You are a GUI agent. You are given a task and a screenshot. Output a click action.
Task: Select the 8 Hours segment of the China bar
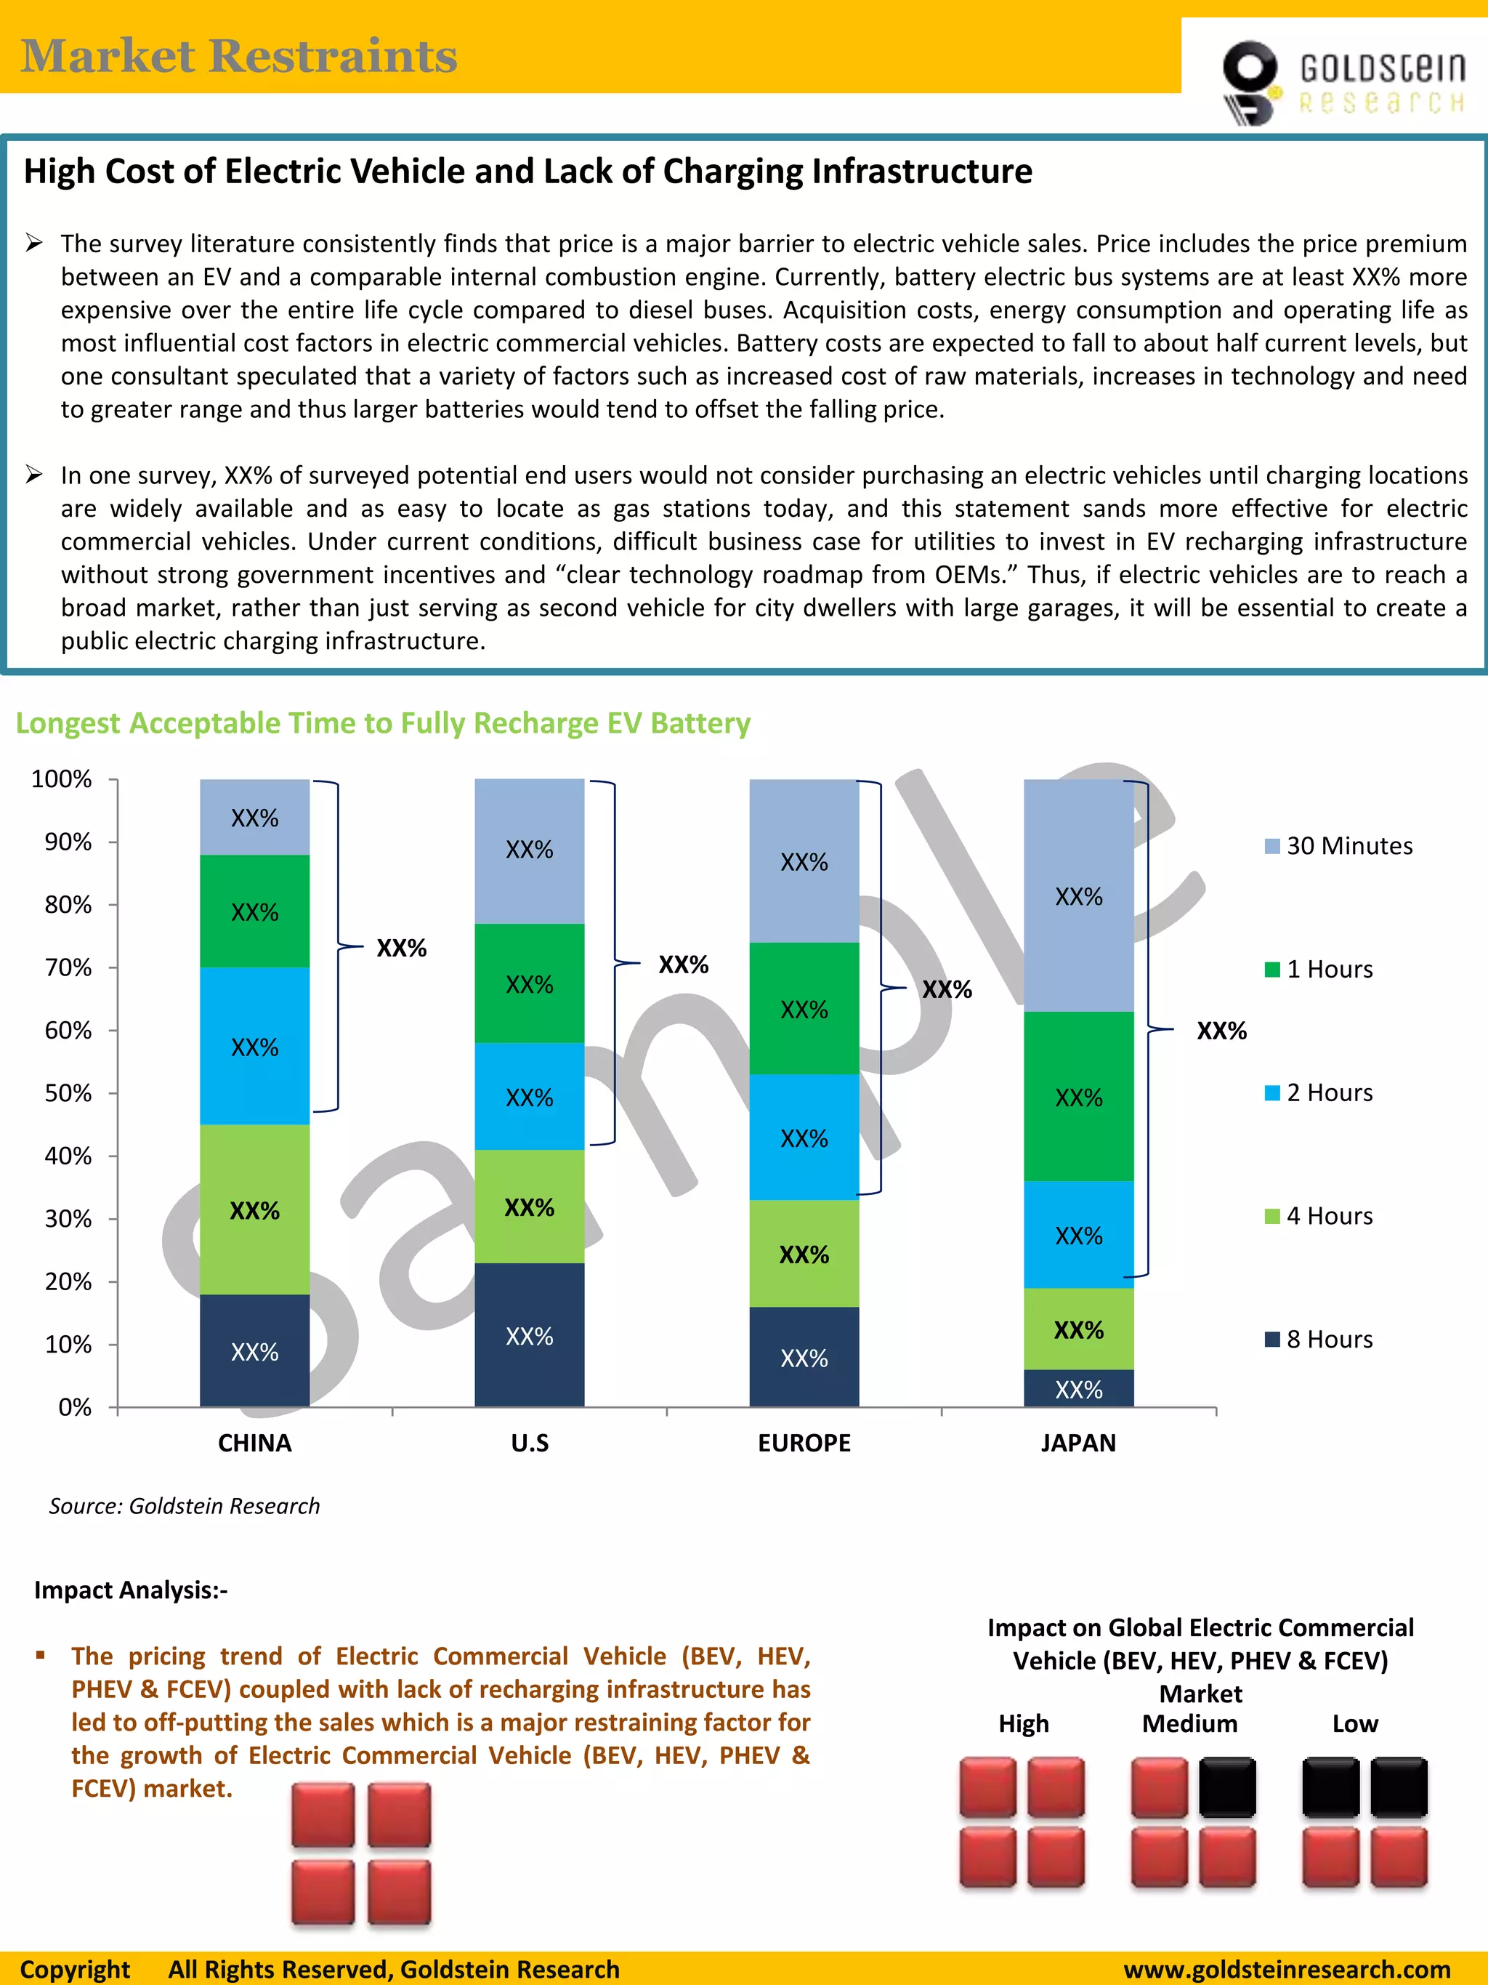pos(255,1350)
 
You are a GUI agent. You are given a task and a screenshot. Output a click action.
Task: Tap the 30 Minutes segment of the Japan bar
pos(1078,895)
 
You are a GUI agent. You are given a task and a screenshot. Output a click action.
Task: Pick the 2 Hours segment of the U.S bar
pos(529,1097)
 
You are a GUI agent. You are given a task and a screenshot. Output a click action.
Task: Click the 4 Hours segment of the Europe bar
pos(804,1254)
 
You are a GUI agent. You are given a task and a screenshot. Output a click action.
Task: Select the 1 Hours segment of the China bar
pos(255,911)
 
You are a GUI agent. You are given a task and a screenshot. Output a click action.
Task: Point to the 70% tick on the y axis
pos(68,967)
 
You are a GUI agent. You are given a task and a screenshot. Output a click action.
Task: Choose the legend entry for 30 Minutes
pos(1338,846)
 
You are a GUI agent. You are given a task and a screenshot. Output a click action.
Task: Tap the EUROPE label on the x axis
pos(804,1443)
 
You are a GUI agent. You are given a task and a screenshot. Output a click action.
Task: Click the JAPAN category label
pos(1078,1443)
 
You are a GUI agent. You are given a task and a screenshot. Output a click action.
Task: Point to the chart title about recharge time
pos(383,723)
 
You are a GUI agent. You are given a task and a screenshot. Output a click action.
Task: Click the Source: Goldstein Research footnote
pos(184,1506)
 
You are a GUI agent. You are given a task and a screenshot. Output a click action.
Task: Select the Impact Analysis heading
pos(131,1590)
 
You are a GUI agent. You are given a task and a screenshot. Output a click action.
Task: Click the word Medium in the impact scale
pos(1189,1724)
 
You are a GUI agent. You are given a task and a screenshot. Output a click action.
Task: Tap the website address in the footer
pos(1286,1969)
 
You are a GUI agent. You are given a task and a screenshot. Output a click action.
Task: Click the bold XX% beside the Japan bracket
pos(1221,1031)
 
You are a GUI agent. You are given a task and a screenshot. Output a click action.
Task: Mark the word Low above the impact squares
pos(1354,1724)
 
